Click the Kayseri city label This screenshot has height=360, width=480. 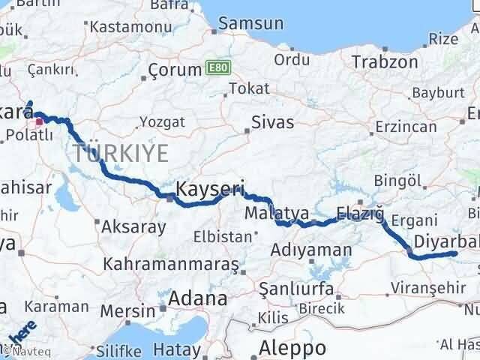(x=211, y=187)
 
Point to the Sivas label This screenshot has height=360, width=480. (x=272, y=121)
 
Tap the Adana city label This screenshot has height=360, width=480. (x=197, y=299)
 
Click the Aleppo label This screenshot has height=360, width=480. (x=292, y=348)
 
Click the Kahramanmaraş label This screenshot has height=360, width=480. (x=172, y=265)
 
